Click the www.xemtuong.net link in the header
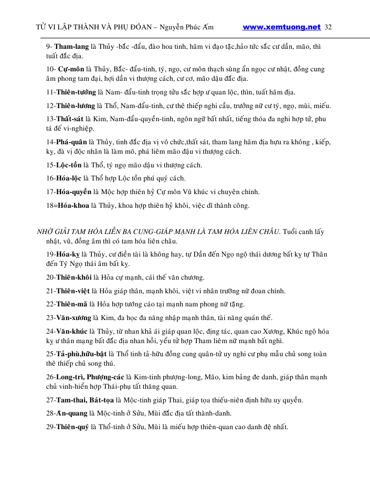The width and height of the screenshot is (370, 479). pos(282,27)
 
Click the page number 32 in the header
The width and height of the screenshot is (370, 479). pos(329,27)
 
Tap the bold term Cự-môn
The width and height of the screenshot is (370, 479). pos(71,69)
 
